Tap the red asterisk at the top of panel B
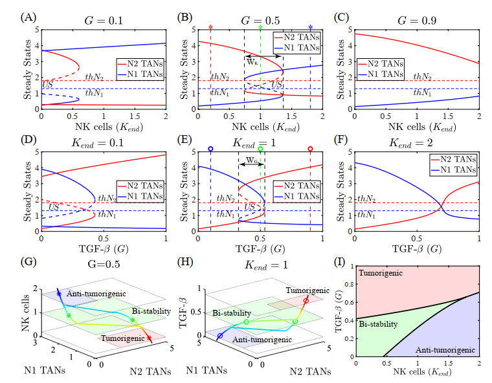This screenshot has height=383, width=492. [211, 28]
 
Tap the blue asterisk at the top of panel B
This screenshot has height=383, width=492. [311, 28]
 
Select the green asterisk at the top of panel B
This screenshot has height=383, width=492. [260, 28]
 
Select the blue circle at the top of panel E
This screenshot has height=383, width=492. [210, 149]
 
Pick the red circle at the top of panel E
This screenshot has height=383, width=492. [311, 149]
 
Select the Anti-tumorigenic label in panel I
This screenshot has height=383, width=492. [447, 350]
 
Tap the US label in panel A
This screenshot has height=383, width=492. [47, 85]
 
